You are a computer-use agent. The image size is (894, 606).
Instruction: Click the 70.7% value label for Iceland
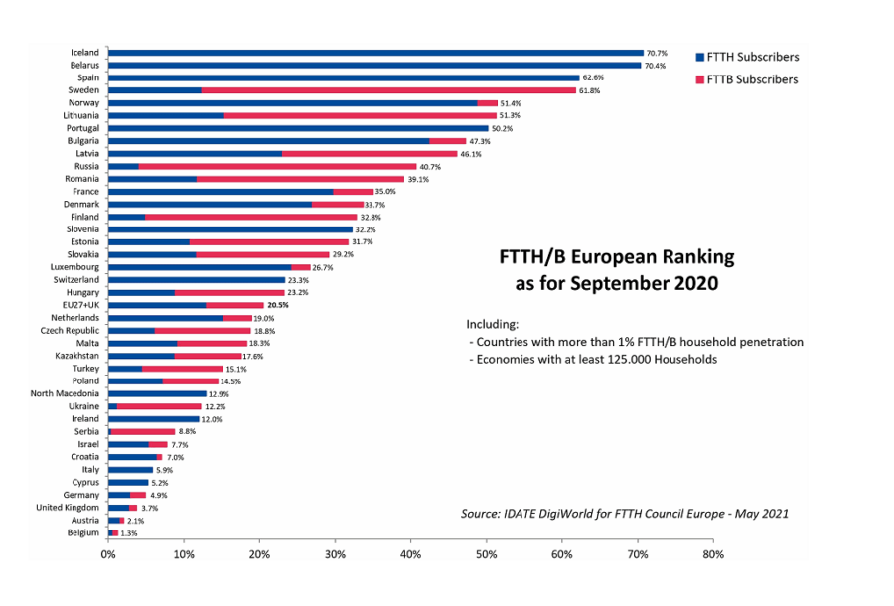pyautogui.click(x=657, y=53)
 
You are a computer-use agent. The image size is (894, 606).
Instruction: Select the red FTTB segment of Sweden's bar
pyautogui.click(x=388, y=90)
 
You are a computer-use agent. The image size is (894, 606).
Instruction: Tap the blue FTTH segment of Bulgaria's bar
pyautogui.click(x=268, y=141)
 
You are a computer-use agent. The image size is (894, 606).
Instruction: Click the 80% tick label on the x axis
pyautogui.click(x=713, y=554)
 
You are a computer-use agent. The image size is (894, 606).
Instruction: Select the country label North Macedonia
pyautogui.click(x=66, y=393)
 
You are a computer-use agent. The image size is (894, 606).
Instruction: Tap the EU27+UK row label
pyautogui.click(x=76, y=305)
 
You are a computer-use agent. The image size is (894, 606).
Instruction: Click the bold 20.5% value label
pyautogui.click(x=279, y=305)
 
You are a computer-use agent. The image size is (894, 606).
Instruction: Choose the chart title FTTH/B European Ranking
pyautogui.click(x=616, y=257)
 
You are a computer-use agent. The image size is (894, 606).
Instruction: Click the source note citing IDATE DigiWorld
pyautogui.click(x=625, y=514)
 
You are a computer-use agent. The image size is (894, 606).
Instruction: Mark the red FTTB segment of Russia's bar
pyautogui.click(x=277, y=166)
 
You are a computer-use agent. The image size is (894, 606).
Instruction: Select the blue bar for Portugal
pyautogui.click(x=298, y=128)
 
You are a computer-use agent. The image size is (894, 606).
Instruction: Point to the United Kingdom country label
pyautogui.click(x=66, y=507)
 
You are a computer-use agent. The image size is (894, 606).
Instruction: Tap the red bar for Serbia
pyautogui.click(x=142, y=431)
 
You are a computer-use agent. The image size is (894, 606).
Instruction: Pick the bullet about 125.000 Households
pyautogui.click(x=592, y=359)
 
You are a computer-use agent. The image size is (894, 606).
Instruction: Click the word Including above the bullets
pyautogui.click(x=493, y=324)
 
